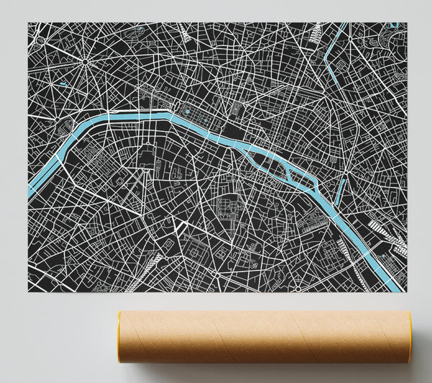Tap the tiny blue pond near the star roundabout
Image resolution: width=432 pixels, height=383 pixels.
(x=64, y=84)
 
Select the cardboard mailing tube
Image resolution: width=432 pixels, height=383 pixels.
(x=263, y=338)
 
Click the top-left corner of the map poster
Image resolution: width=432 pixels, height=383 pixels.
(x=29, y=23)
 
